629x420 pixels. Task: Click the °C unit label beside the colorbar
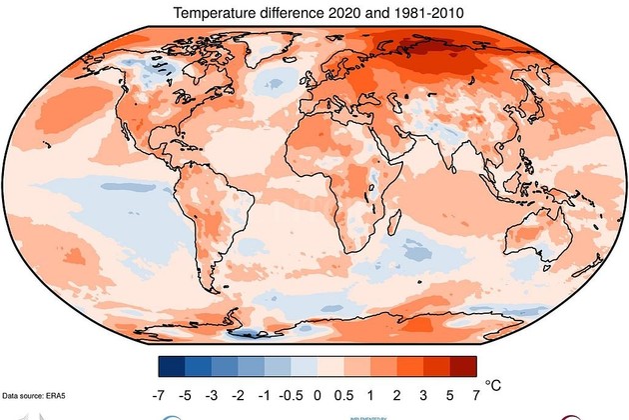click(494, 384)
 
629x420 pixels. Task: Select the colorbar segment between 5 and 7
click(463, 365)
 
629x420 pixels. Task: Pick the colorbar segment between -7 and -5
click(172, 365)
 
